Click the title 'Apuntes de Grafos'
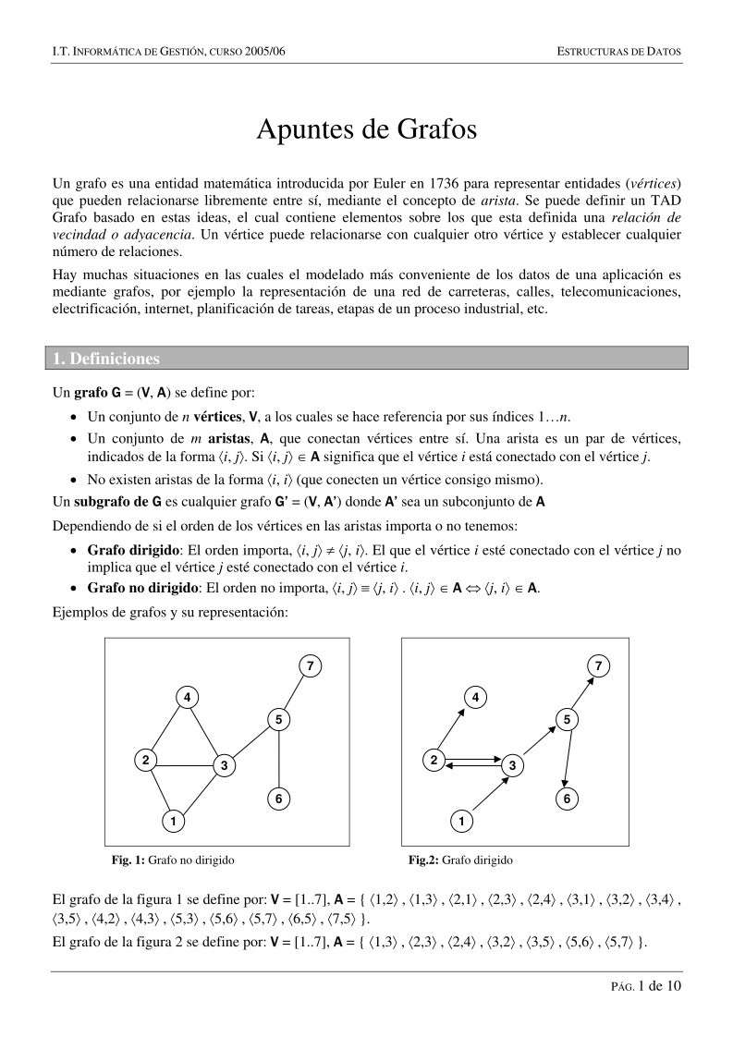pos(366,130)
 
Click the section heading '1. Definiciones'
pos(105,359)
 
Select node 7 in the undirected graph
pos(311,666)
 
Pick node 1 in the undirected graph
pos(173,820)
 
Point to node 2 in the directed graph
pos(433,761)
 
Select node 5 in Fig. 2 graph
pos(569,719)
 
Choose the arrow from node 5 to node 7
pos(584,693)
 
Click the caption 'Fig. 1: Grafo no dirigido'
pos(173,860)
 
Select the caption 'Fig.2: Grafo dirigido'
pos(460,860)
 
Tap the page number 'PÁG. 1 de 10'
pos(644,986)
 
